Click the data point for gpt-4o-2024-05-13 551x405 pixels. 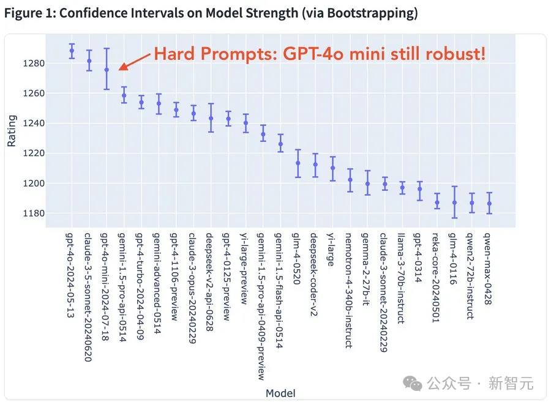point(72,51)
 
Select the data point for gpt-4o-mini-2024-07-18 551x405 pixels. point(107,70)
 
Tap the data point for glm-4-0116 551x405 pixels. point(454,202)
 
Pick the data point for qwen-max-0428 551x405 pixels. point(489,204)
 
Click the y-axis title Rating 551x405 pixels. point(12,131)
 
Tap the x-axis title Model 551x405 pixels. point(280,393)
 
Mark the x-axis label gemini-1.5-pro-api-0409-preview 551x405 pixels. point(263,306)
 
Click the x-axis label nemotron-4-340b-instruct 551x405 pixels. point(350,290)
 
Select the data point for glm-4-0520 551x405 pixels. point(298,163)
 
